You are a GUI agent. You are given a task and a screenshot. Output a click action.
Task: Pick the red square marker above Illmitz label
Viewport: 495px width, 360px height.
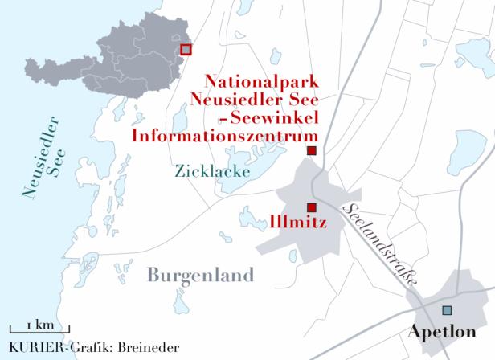point(312,207)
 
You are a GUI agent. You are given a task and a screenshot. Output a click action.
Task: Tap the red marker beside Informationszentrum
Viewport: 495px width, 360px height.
point(312,151)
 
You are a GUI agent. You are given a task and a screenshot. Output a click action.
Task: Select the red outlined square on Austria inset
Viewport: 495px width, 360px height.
point(186,50)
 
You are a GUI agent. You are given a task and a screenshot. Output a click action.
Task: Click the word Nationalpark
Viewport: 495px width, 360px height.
point(262,83)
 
